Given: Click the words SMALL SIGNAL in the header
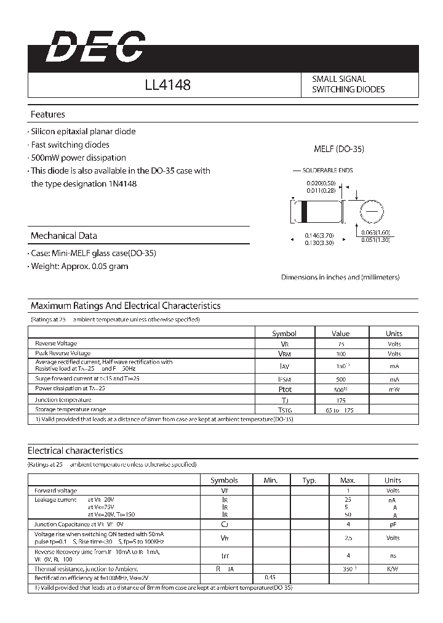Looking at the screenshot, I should point(338,79).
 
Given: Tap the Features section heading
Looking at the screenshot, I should point(47,115).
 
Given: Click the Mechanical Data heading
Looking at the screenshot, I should point(63,236).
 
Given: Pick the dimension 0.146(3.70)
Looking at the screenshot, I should point(320,235).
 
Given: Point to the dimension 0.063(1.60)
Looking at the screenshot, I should point(375,232).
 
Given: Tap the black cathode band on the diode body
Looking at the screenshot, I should point(303,212).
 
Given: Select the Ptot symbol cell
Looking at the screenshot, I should point(284,389).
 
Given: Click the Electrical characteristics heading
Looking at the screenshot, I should point(75,451).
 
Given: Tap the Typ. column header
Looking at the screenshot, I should point(309,480).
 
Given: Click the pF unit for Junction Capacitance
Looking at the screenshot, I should point(393,524).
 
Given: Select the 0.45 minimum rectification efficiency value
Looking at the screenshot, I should point(270,577).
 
